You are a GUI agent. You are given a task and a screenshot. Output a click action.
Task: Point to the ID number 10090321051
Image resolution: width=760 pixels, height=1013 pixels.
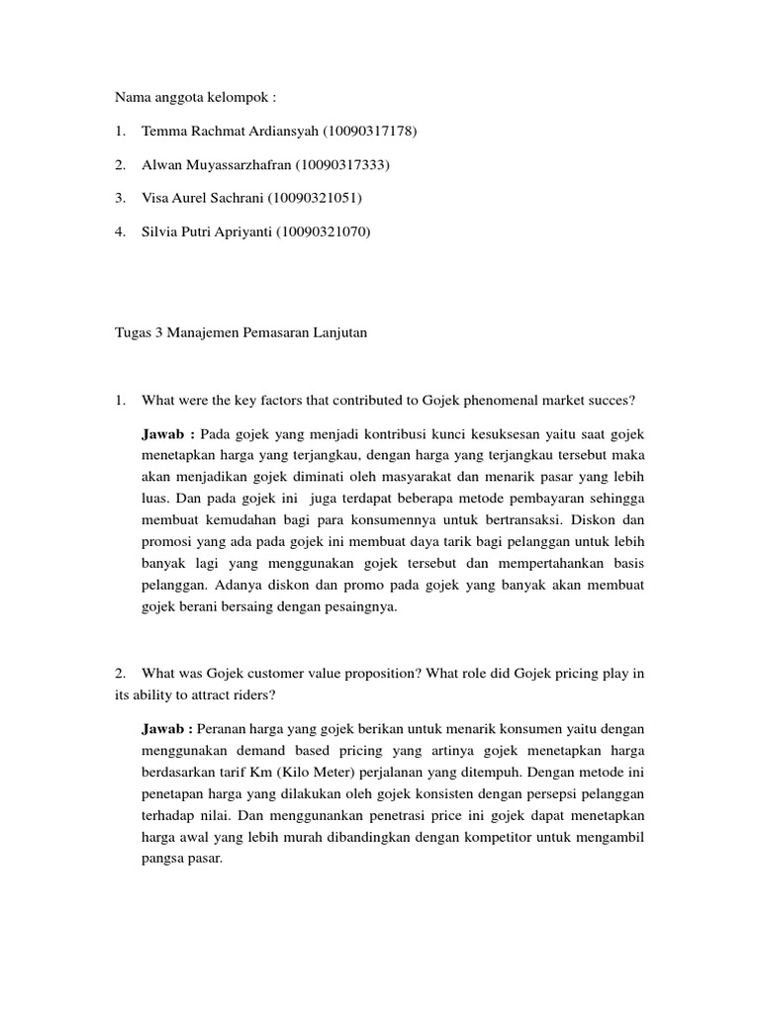[x=315, y=199]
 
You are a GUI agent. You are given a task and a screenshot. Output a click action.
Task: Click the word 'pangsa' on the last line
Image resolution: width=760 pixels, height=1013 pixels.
[x=164, y=860]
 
